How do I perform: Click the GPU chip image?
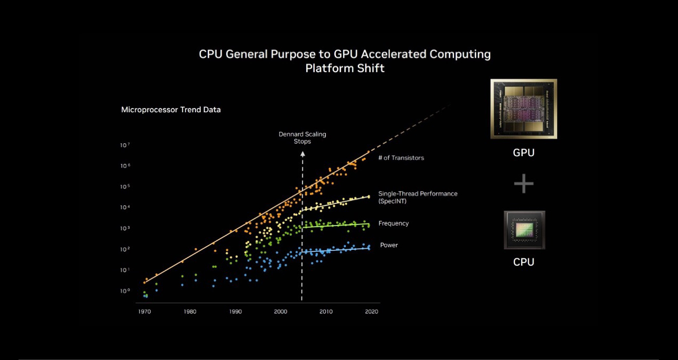click(x=523, y=109)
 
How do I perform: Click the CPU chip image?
click(x=524, y=230)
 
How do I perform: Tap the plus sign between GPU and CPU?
click(x=523, y=184)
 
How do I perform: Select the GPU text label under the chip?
click(x=523, y=153)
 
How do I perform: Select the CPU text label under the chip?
click(x=523, y=262)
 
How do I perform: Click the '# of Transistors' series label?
click(x=401, y=158)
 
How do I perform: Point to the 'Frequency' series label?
click(x=394, y=223)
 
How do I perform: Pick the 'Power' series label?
click(x=389, y=245)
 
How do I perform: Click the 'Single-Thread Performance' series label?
click(x=417, y=194)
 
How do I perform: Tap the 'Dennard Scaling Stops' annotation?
click(x=302, y=138)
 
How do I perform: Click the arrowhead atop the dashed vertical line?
click(x=302, y=154)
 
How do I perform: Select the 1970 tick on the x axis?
click(x=144, y=312)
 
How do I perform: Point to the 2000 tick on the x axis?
click(x=281, y=312)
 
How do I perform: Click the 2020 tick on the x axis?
click(x=372, y=312)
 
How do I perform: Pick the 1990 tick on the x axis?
click(x=235, y=312)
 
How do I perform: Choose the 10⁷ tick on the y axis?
click(x=125, y=145)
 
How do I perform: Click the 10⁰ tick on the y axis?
click(x=125, y=291)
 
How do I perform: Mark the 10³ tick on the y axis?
click(x=125, y=229)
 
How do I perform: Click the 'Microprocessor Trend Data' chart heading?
click(x=171, y=110)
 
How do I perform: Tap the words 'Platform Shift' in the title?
click(x=345, y=68)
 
